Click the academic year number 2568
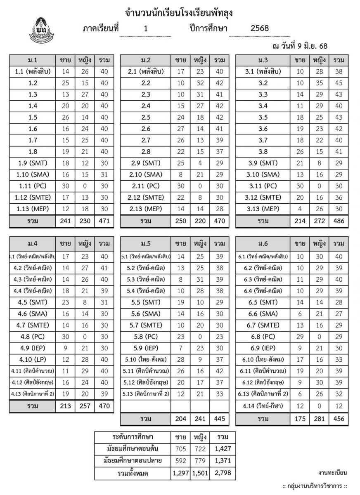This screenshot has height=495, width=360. point(260,28)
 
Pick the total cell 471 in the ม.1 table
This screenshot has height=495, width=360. point(104,221)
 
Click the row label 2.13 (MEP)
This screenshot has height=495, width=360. point(146,209)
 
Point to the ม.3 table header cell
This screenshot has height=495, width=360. point(263,60)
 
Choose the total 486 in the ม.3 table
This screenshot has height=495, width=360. point(339,221)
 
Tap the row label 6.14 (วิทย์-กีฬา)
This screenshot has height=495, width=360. point(263,406)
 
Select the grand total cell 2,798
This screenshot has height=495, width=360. point(223,473)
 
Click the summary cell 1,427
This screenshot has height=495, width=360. point(223,449)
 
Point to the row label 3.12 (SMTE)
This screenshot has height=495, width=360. point(263,197)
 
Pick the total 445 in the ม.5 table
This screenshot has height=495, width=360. point(220,419)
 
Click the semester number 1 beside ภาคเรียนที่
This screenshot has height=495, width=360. point(146,28)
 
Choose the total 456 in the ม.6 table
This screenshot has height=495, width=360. point(339,419)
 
